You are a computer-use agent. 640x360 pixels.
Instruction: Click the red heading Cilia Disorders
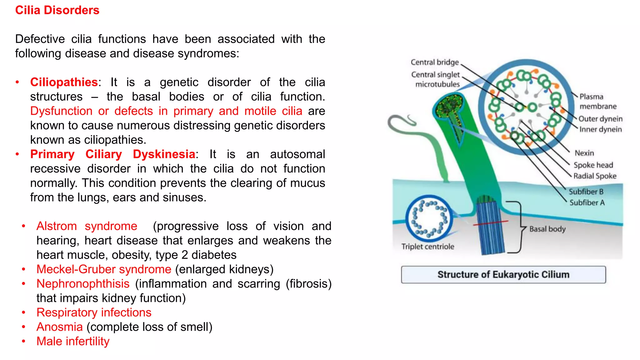click(x=57, y=10)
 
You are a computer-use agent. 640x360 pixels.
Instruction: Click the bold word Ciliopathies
click(x=64, y=82)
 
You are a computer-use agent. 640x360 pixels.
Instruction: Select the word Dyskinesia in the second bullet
click(x=164, y=154)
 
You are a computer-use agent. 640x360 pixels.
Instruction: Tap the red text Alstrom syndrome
click(x=87, y=226)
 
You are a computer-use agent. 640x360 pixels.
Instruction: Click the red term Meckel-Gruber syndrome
click(x=104, y=269)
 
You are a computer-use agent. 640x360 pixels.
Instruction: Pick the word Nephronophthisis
click(x=83, y=284)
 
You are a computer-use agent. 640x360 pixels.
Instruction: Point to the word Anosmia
click(x=59, y=327)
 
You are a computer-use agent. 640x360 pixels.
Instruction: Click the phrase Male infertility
click(x=73, y=341)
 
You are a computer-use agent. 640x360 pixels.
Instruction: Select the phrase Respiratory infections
click(x=94, y=312)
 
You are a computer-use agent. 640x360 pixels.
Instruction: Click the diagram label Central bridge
click(x=435, y=62)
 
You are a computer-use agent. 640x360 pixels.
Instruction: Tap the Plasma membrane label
click(x=597, y=101)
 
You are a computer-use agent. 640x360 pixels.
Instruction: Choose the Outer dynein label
click(x=600, y=119)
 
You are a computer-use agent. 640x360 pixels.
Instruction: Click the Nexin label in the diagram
click(x=584, y=153)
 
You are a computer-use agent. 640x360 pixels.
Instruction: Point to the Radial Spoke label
click(x=595, y=176)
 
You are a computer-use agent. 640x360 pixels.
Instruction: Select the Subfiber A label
click(x=587, y=202)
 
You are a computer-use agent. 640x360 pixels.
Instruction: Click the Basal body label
click(x=547, y=229)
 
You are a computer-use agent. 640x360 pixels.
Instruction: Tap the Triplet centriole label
click(x=427, y=247)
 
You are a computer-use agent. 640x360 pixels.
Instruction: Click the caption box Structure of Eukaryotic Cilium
click(x=503, y=275)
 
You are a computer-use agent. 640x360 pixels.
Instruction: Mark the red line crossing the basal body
click(x=491, y=223)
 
